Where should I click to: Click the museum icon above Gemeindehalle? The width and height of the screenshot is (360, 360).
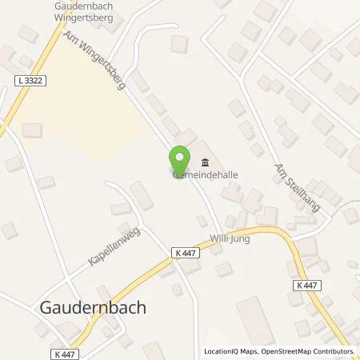pyautogui.click(x=201, y=158)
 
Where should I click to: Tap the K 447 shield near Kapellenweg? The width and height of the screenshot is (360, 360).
pyautogui.click(x=182, y=253)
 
